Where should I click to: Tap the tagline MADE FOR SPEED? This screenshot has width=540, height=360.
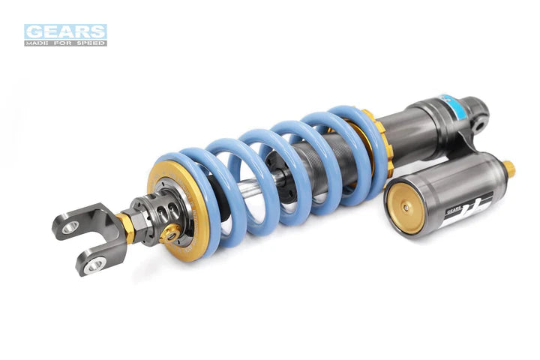coord(65,43)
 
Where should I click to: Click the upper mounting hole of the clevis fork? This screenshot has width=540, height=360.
coord(70,226)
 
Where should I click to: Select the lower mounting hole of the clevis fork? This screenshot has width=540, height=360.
coord(94,264)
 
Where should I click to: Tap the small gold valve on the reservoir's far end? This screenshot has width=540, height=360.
coord(508,169)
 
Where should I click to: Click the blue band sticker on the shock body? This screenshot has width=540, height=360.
coord(449,104)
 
